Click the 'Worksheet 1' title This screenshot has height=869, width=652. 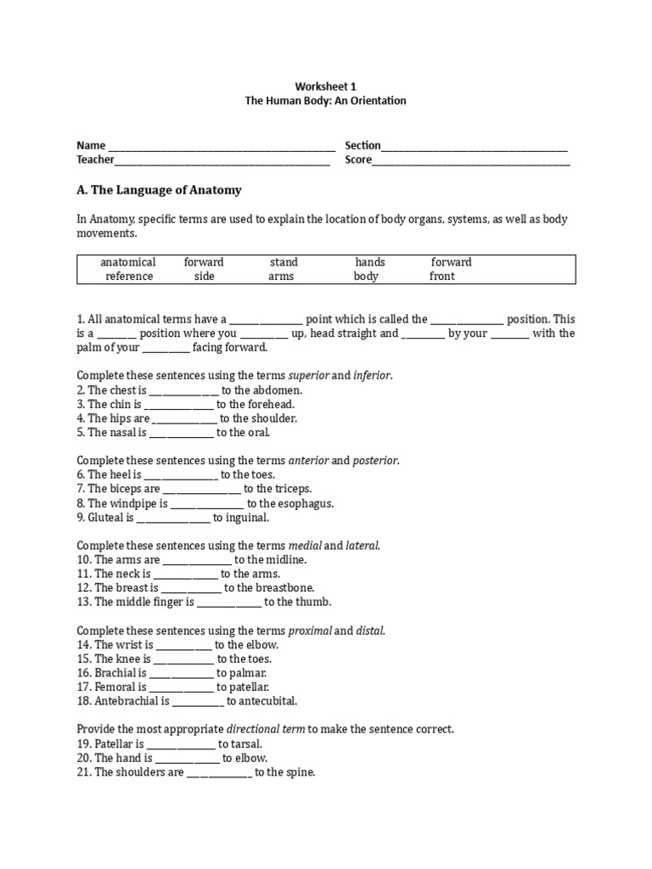[326, 87]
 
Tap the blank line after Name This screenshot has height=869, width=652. [222, 147]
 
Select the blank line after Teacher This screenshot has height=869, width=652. [222, 160]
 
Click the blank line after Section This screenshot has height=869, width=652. [475, 147]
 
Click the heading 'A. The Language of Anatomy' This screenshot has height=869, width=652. [160, 190]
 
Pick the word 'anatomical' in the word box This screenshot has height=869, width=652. [128, 262]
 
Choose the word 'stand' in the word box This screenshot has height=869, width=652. [284, 262]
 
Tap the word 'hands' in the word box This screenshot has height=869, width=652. [370, 262]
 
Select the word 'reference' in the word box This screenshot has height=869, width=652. [129, 276]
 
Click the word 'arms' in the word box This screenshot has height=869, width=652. [281, 276]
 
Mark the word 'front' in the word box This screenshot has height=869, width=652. [442, 276]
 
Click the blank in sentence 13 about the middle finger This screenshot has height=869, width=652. [229, 603]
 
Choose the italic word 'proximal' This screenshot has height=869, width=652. [310, 631]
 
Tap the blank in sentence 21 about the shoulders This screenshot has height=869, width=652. [219, 773]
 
